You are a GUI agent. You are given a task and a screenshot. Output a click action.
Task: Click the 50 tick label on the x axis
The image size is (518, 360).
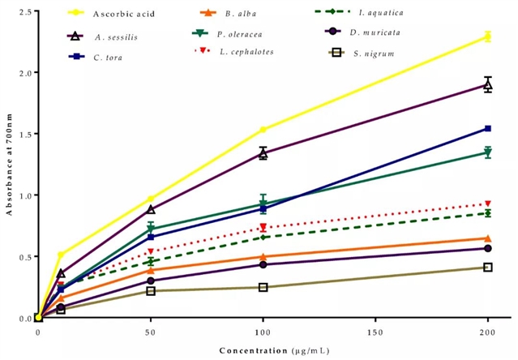tap(151, 333)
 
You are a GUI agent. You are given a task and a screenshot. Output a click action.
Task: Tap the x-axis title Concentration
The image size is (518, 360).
tap(250, 350)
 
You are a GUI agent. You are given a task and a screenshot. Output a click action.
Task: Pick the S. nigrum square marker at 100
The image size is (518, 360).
tap(263, 287)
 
